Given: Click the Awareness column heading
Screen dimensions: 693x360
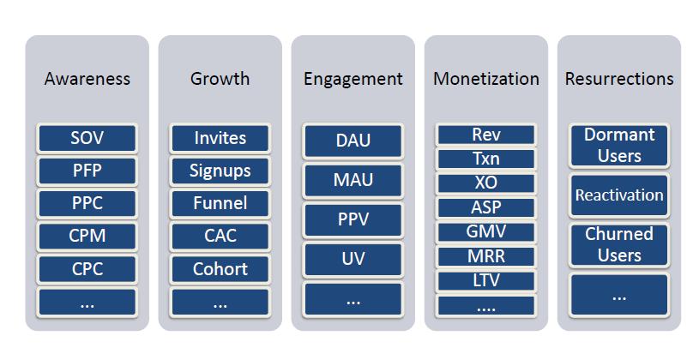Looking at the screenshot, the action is pos(87,79).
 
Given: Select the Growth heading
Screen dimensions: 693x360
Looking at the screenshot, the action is pos(220,79).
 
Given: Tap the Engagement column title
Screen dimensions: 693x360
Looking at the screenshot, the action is pos(353,80).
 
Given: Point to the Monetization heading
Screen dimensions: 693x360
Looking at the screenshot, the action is pos(486,79).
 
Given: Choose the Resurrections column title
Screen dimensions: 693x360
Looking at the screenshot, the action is pos(619,79).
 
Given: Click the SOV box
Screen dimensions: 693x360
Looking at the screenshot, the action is pos(87,138).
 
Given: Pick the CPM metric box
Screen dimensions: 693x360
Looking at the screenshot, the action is pos(87,236).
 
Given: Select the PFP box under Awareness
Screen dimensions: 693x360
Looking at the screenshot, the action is pos(87,171).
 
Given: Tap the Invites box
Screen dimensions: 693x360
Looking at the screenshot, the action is pos(220,138).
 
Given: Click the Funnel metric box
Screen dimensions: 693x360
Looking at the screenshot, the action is pos(220,203).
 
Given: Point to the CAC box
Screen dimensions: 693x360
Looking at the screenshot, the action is pos(220,236).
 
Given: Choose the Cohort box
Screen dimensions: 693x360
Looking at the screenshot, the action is pos(220,269).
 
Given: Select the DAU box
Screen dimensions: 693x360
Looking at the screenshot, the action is pos(353,141).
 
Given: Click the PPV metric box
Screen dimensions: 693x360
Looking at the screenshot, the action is pos(353,219).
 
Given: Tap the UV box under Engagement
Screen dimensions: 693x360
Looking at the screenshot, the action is pos(353,259).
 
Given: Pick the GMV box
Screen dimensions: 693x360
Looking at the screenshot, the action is pos(486,232).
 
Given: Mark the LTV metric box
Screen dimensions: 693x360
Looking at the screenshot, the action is pos(486,280).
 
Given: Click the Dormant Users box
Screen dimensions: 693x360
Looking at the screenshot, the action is pos(619,146).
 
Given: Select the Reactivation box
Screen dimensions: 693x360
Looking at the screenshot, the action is pos(619,195).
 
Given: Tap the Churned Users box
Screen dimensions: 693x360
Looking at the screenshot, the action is pos(619,244).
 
